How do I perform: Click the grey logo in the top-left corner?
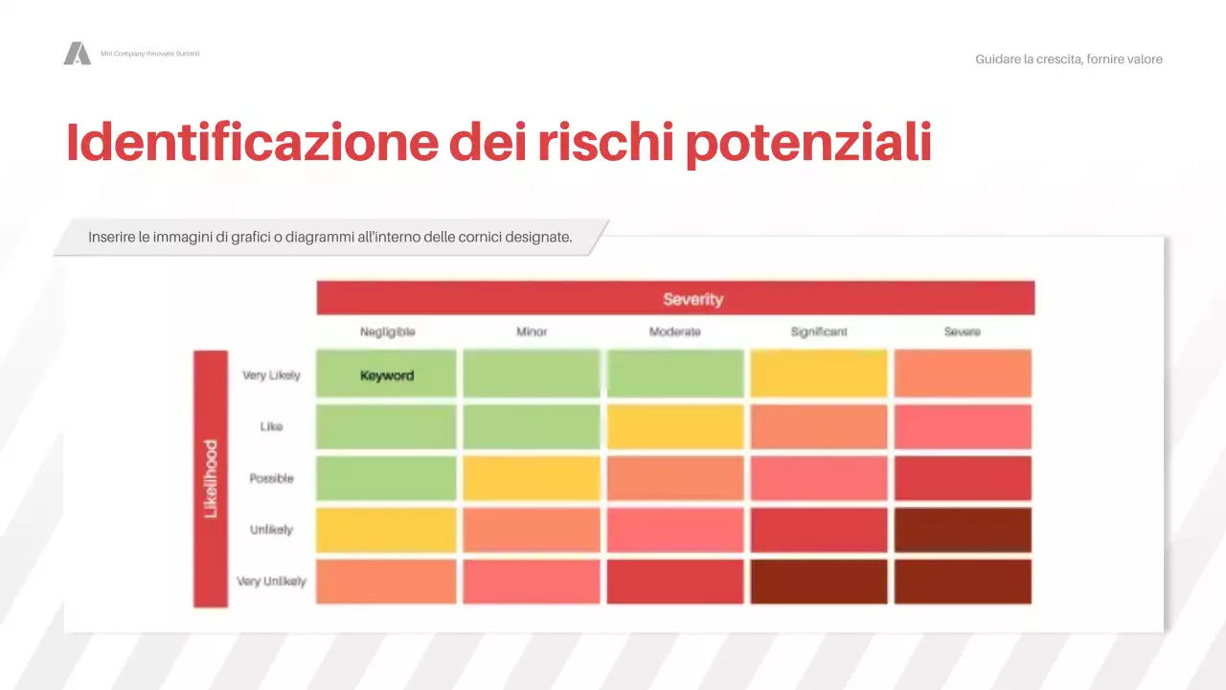point(77,54)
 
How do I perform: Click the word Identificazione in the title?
point(249,142)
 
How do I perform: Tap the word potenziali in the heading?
point(809,142)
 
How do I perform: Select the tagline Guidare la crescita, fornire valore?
point(1069,59)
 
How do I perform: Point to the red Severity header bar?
point(675,298)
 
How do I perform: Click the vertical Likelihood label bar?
point(211,478)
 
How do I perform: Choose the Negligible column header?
point(387,332)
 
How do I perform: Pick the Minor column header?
point(532,332)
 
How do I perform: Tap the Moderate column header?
point(674,332)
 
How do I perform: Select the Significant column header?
point(819,332)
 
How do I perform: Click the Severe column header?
point(962,332)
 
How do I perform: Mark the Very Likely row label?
point(271,375)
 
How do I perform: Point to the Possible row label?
point(271,478)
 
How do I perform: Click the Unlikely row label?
point(271,530)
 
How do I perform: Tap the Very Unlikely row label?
point(271,582)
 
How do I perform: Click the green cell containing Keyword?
point(387,374)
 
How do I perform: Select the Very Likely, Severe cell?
point(963,374)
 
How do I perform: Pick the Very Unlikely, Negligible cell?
point(387,582)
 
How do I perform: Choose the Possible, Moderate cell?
point(674,478)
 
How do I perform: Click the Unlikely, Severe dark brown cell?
point(963,530)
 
